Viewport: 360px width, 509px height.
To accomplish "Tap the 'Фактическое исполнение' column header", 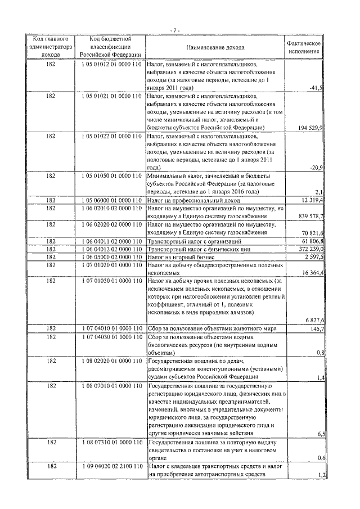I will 304,48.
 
